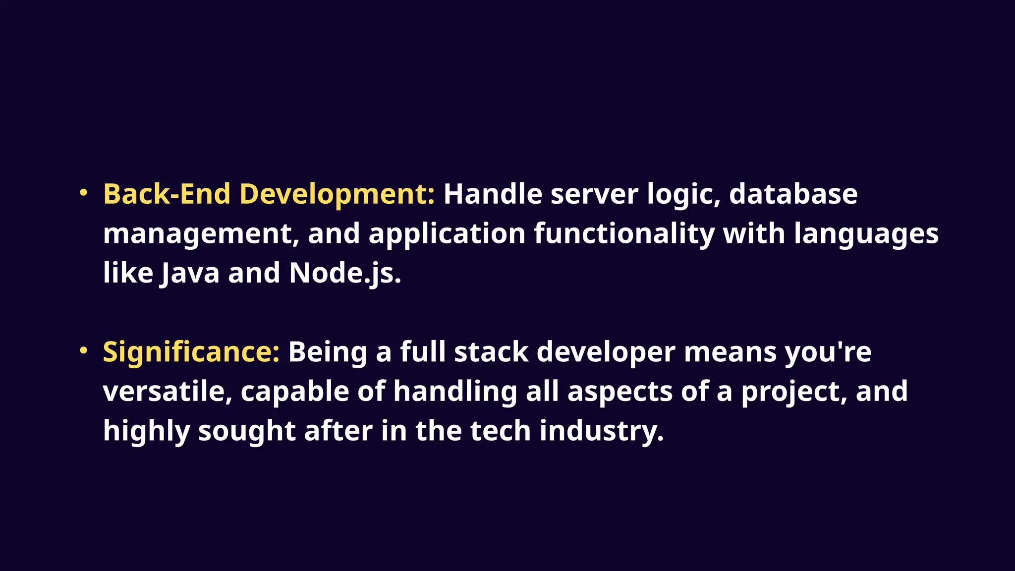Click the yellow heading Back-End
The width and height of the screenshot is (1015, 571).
point(167,194)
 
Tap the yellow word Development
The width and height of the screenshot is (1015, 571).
point(337,194)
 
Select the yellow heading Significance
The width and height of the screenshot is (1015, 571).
point(191,352)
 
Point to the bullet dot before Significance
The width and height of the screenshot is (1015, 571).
point(84,350)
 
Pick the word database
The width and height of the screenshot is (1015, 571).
point(793,194)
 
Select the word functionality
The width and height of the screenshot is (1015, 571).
point(624,233)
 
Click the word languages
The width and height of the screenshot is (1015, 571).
point(866,233)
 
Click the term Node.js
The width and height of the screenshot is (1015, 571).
point(344,273)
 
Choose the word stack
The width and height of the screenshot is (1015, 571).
point(491,352)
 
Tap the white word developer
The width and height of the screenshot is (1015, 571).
point(606,352)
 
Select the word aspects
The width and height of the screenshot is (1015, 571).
point(620,392)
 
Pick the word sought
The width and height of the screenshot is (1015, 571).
point(247,431)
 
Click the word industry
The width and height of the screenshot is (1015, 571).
point(601,431)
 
